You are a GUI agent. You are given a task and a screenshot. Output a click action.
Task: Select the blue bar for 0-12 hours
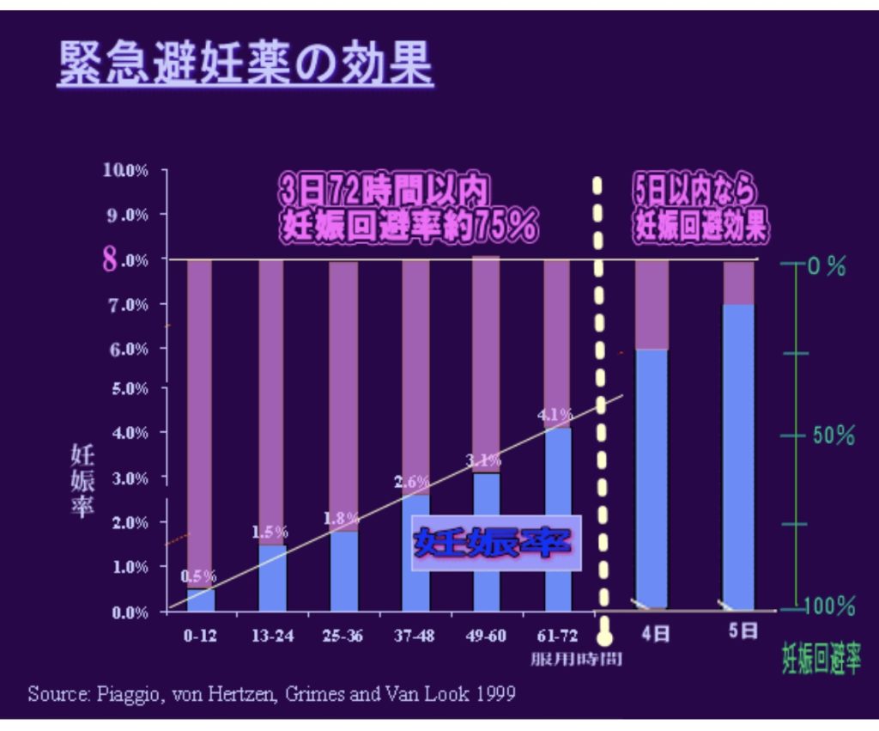[x=201, y=599]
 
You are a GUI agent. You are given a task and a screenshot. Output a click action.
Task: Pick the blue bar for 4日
[x=652, y=478]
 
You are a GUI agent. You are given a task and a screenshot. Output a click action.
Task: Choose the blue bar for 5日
[x=738, y=455]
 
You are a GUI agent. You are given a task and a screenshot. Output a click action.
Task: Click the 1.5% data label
[x=270, y=532]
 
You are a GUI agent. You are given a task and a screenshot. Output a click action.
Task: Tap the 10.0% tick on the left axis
[x=126, y=170]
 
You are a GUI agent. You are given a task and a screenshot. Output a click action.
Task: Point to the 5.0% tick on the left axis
[x=128, y=388]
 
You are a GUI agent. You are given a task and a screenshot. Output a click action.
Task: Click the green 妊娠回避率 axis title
[x=821, y=659]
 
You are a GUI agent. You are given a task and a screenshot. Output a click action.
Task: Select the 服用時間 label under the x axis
[x=575, y=659]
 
